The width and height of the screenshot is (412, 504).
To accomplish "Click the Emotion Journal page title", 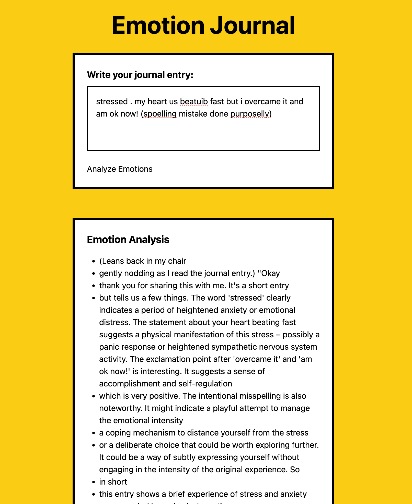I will (203, 26).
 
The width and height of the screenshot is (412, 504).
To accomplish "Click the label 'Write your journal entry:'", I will (140, 75).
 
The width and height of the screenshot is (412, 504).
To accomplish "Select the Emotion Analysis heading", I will (128, 240).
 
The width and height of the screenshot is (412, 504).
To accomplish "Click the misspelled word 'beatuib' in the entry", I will (194, 102).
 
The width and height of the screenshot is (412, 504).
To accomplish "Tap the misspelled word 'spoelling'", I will (160, 114).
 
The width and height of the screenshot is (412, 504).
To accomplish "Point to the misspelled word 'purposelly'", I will (250, 114).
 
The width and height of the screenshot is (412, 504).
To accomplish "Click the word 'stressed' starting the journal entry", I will (112, 102).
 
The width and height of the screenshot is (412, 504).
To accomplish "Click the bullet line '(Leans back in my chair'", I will (143, 261).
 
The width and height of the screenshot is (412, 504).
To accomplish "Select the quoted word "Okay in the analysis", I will (269, 273).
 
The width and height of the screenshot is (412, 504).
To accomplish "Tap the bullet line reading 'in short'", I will (113, 482).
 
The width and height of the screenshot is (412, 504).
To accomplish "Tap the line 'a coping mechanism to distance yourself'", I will (204, 433).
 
